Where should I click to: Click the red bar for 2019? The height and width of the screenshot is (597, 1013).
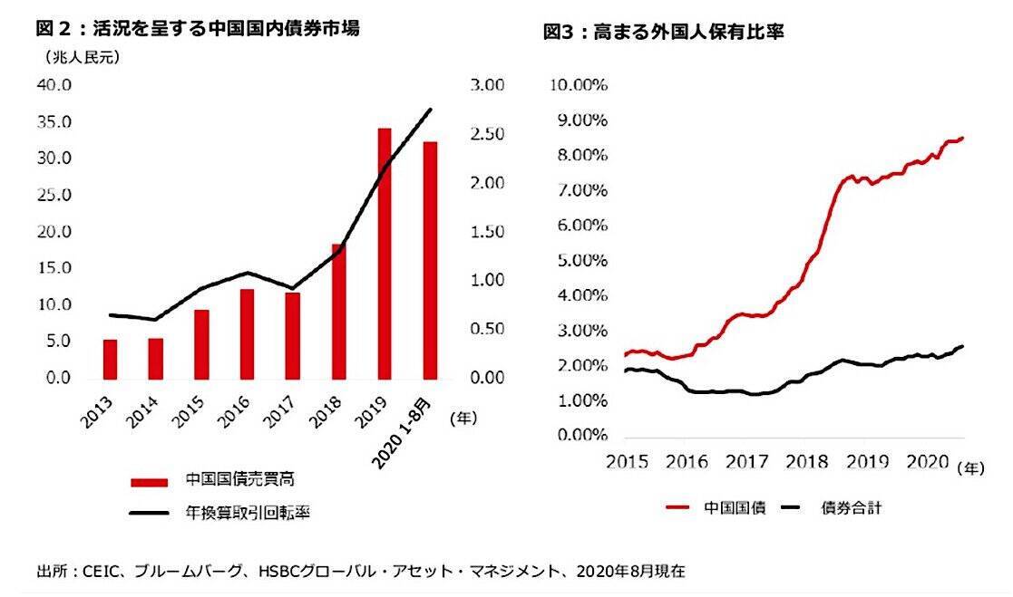point(384,254)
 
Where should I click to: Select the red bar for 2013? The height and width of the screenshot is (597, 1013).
point(110,359)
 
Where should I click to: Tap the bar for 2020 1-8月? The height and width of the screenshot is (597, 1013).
point(430,260)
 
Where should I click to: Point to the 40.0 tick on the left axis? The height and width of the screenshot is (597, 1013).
point(54,85)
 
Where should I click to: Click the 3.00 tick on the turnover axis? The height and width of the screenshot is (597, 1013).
point(487,85)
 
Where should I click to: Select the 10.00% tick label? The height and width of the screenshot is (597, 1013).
point(579,85)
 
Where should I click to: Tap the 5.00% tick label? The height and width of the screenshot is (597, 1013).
point(581,261)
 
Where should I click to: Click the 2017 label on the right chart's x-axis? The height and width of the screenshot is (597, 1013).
point(746,461)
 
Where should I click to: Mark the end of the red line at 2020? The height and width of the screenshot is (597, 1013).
point(961,138)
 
